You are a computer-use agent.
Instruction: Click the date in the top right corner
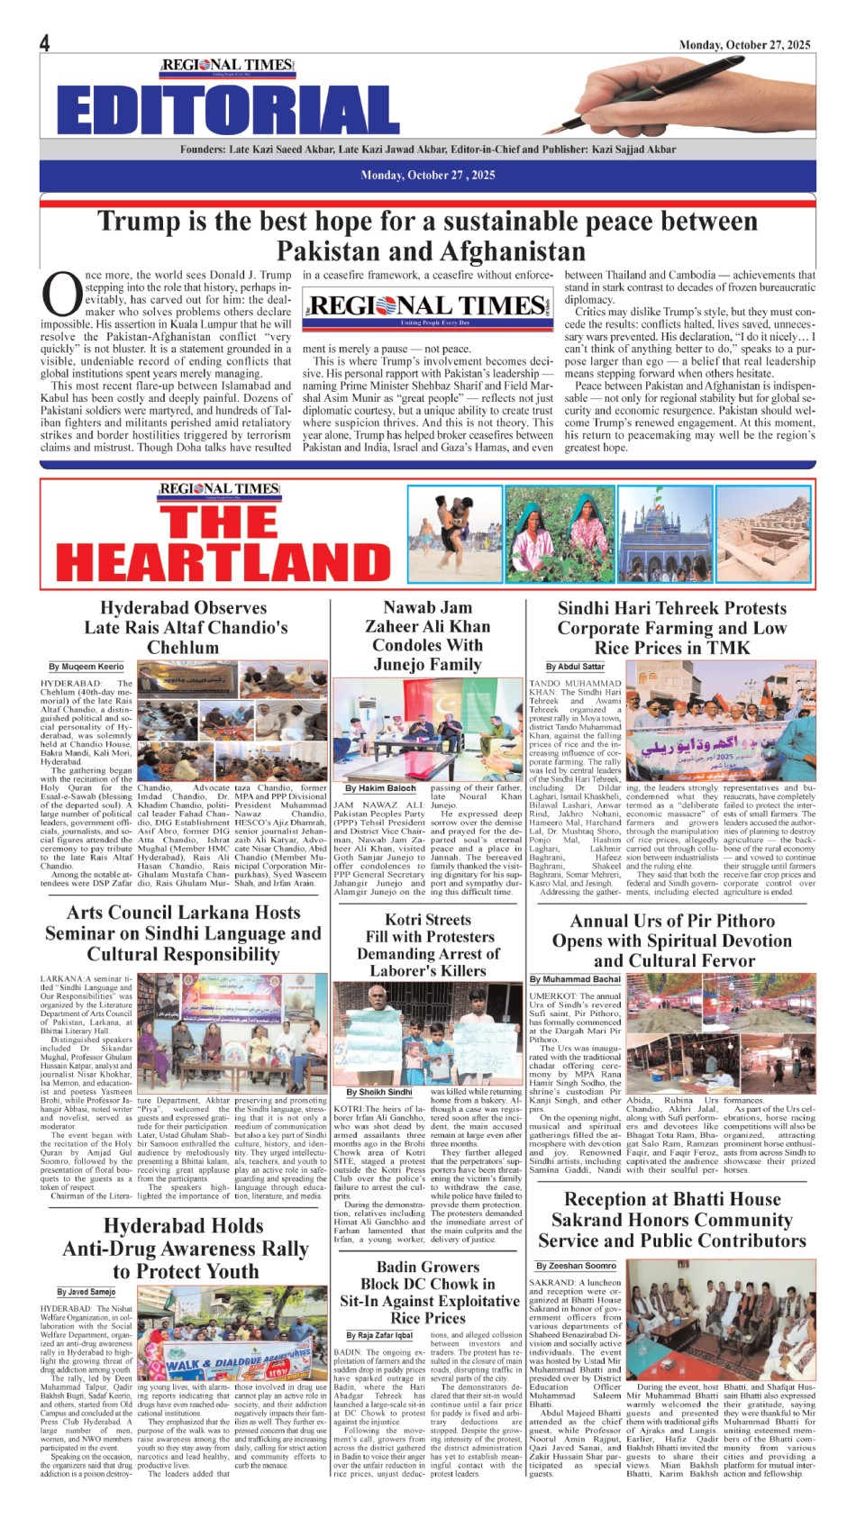pyautogui.click(x=744, y=44)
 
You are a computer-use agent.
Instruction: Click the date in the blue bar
pyautogui.click(x=427, y=175)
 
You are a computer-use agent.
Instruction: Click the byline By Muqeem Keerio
pyautogui.click(x=87, y=667)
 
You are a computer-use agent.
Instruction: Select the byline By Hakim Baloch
pyautogui.click(x=381, y=788)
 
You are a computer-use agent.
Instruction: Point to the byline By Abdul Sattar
pyautogui.click(x=575, y=667)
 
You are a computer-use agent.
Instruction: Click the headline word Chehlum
pyautogui.click(x=182, y=647)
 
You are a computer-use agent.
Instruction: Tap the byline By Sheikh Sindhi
pyautogui.click(x=379, y=1092)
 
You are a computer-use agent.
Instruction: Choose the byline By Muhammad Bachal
pyautogui.click(x=575, y=979)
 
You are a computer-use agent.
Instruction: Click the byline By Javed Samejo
pyautogui.click(x=87, y=1292)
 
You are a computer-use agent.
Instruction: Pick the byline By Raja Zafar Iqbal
pyautogui.click(x=379, y=1335)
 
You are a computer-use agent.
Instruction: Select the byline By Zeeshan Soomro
pyautogui.click(x=577, y=1266)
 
